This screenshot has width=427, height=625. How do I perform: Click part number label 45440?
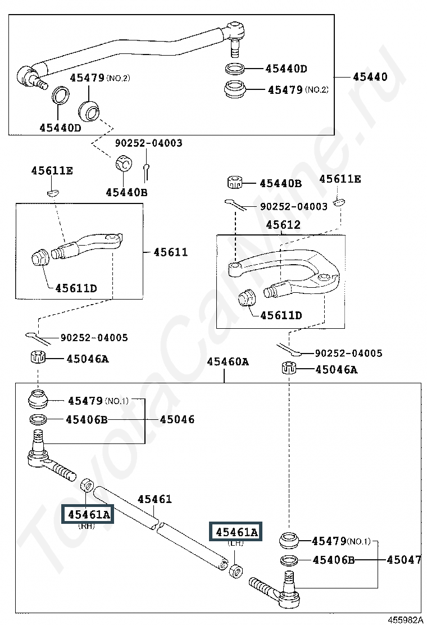(x=370, y=76)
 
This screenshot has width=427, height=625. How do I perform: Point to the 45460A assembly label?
(x=228, y=361)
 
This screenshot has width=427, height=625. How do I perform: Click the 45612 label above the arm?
(x=283, y=225)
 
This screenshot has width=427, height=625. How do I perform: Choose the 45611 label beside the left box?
(x=170, y=252)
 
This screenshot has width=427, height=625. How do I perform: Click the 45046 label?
(x=177, y=419)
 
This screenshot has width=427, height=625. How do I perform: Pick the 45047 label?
(x=404, y=560)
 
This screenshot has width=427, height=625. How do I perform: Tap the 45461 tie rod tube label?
(x=155, y=499)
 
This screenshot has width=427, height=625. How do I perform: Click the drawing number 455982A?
(x=405, y=619)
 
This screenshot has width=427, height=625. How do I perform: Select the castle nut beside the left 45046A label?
(x=38, y=357)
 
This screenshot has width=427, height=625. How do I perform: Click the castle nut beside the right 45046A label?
(x=289, y=368)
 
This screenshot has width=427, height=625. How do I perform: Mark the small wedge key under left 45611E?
(x=52, y=193)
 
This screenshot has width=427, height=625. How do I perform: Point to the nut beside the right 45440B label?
(x=234, y=183)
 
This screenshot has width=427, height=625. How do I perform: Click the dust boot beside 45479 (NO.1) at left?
(x=38, y=400)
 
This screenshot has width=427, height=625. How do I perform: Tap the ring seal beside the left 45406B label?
(x=38, y=419)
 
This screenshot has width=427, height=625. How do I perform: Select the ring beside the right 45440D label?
(x=235, y=68)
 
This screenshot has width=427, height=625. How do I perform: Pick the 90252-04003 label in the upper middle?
(x=148, y=143)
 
